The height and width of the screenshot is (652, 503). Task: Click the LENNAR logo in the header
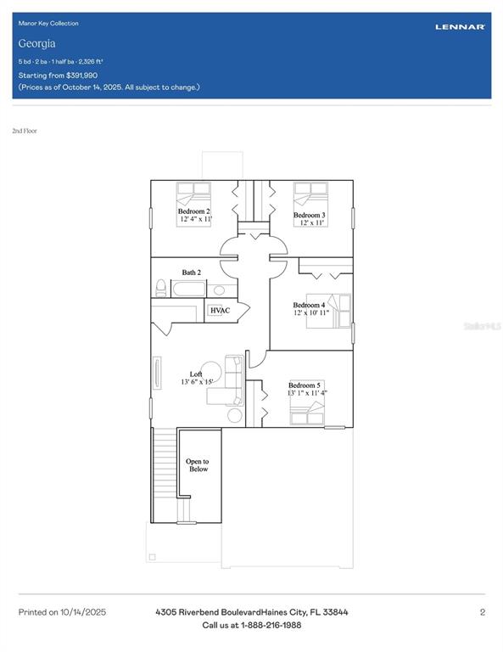tap(460, 27)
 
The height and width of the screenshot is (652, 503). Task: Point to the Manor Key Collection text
tap(48, 23)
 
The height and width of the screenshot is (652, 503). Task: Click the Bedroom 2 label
tap(193, 211)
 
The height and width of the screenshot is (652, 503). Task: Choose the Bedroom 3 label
tap(309, 216)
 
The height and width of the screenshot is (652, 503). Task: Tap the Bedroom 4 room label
tap(309, 305)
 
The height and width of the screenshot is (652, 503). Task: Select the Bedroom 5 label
tap(305, 385)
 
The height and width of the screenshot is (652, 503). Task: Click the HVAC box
tap(220, 311)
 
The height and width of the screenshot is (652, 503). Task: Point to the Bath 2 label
tap(192, 273)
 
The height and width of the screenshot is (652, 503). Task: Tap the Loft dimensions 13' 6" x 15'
tap(196, 382)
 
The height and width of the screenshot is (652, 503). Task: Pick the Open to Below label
tap(198, 465)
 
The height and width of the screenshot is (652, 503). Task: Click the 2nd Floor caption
tap(25, 131)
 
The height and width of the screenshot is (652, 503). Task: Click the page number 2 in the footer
tap(482, 612)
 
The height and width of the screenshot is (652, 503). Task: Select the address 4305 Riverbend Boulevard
tap(213, 612)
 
